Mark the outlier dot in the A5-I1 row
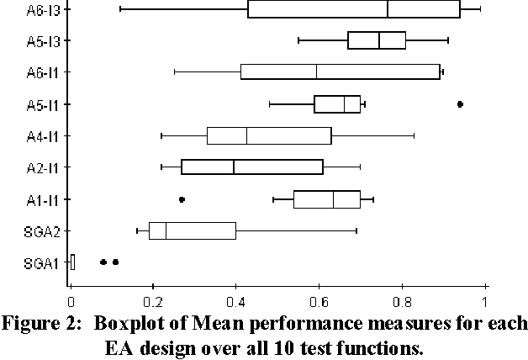[460, 104]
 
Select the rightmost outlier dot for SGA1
[115, 262]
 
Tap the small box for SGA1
[72, 262]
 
